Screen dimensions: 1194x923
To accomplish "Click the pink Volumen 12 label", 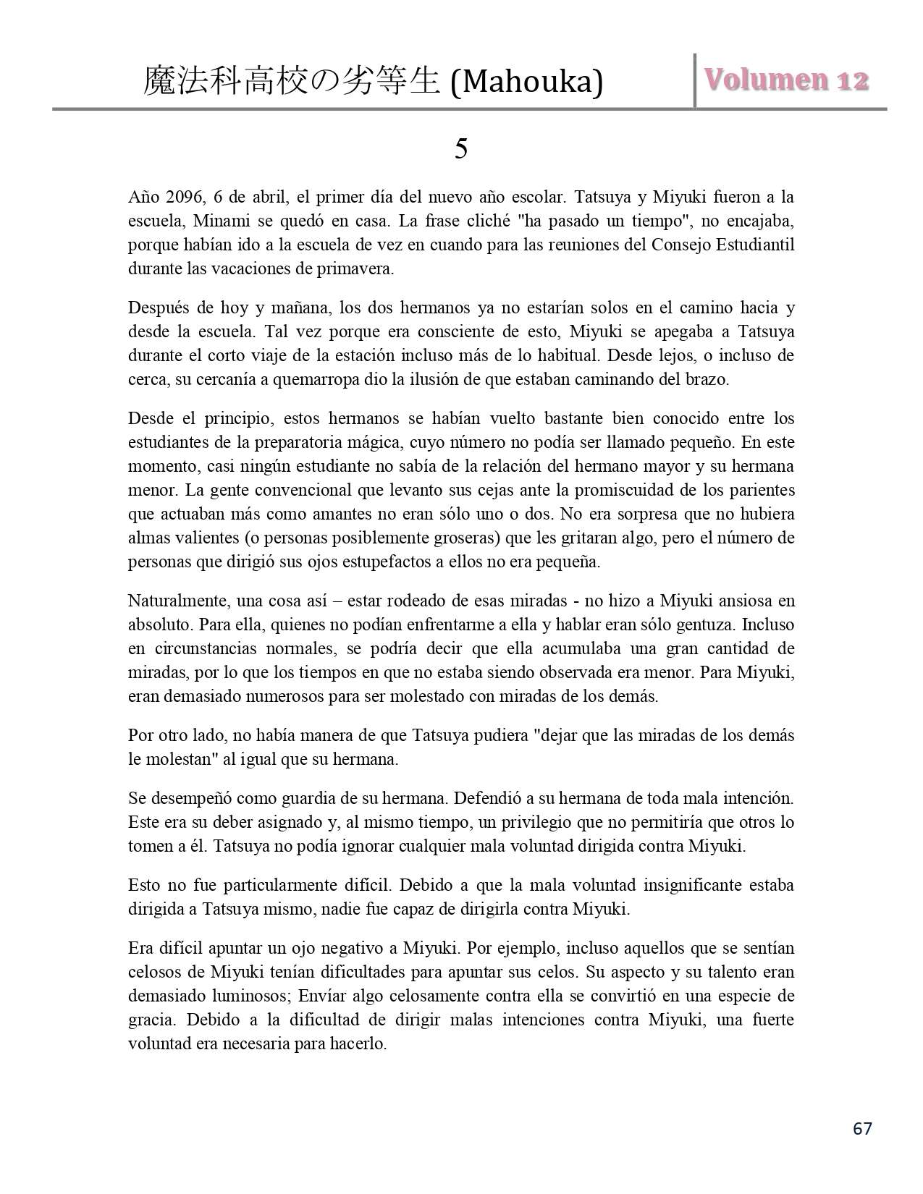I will [787, 80].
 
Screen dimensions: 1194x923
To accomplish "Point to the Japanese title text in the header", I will [292, 81].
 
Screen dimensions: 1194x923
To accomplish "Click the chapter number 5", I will [461, 149].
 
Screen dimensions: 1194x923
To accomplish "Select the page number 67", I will [862, 1128].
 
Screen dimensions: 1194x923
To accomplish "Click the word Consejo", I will [680, 245].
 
